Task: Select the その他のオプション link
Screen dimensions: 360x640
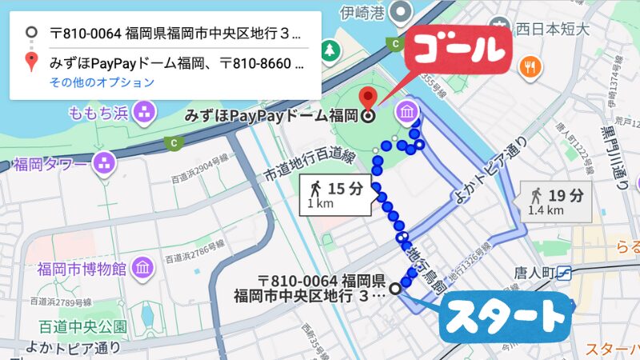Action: pos(102,82)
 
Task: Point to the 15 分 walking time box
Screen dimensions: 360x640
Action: pos(338,194)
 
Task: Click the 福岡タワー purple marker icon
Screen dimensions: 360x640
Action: pos(104,164)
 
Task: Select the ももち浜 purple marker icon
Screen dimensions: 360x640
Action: pos(145,112)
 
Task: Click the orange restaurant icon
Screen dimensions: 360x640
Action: pos(528,67)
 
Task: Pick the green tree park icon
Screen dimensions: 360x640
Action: pos(330,51)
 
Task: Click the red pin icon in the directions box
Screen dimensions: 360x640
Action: pos(30,60)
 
